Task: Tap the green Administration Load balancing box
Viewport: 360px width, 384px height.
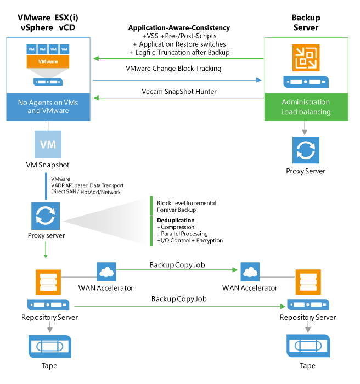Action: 306,106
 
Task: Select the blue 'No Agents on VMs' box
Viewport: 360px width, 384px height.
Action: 48,106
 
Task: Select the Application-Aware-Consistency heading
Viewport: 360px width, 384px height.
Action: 179,27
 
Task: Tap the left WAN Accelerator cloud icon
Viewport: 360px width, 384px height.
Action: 106,271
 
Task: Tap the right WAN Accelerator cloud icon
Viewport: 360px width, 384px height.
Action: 249,271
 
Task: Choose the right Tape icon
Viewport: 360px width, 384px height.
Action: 307,347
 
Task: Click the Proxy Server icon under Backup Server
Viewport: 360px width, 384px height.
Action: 306,150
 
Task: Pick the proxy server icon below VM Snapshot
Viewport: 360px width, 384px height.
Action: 46,216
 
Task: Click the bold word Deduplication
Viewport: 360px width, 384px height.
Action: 176,220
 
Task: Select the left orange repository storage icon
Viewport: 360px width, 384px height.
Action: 48,282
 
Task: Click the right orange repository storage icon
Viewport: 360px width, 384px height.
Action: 307,282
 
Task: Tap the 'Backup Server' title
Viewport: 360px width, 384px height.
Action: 306,22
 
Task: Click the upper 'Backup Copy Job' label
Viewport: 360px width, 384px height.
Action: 177,265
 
